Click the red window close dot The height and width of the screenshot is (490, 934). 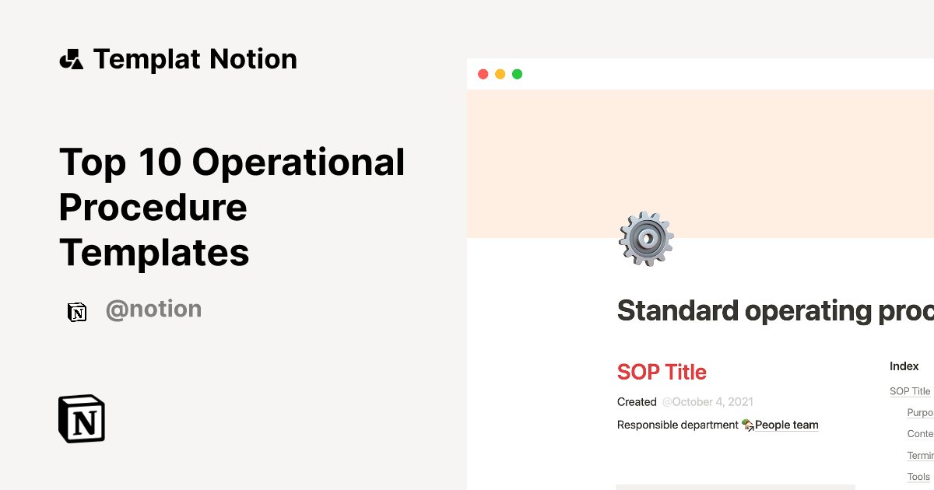(483, 74)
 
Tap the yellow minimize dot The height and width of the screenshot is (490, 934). (500, 74)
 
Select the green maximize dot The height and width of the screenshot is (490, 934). (517, 74)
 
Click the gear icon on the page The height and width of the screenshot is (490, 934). (646, 239)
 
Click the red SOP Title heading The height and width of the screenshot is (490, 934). (662, 372)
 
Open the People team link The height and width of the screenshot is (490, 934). (786, 425)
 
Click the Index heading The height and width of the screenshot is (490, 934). (904, 366)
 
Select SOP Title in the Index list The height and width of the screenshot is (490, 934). (910, 391)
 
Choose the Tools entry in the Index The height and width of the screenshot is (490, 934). (918, 477)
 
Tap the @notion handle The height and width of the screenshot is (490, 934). (153, 310)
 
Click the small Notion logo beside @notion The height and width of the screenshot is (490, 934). (77, 312)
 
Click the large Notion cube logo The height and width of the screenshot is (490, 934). (82, 418)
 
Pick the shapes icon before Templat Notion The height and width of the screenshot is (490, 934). (71, 59)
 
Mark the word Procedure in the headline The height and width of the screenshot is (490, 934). (153, 208)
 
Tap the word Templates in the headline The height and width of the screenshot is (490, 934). (154, 253)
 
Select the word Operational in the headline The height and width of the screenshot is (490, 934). (299, 163)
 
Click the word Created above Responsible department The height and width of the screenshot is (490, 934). (637, 402)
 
